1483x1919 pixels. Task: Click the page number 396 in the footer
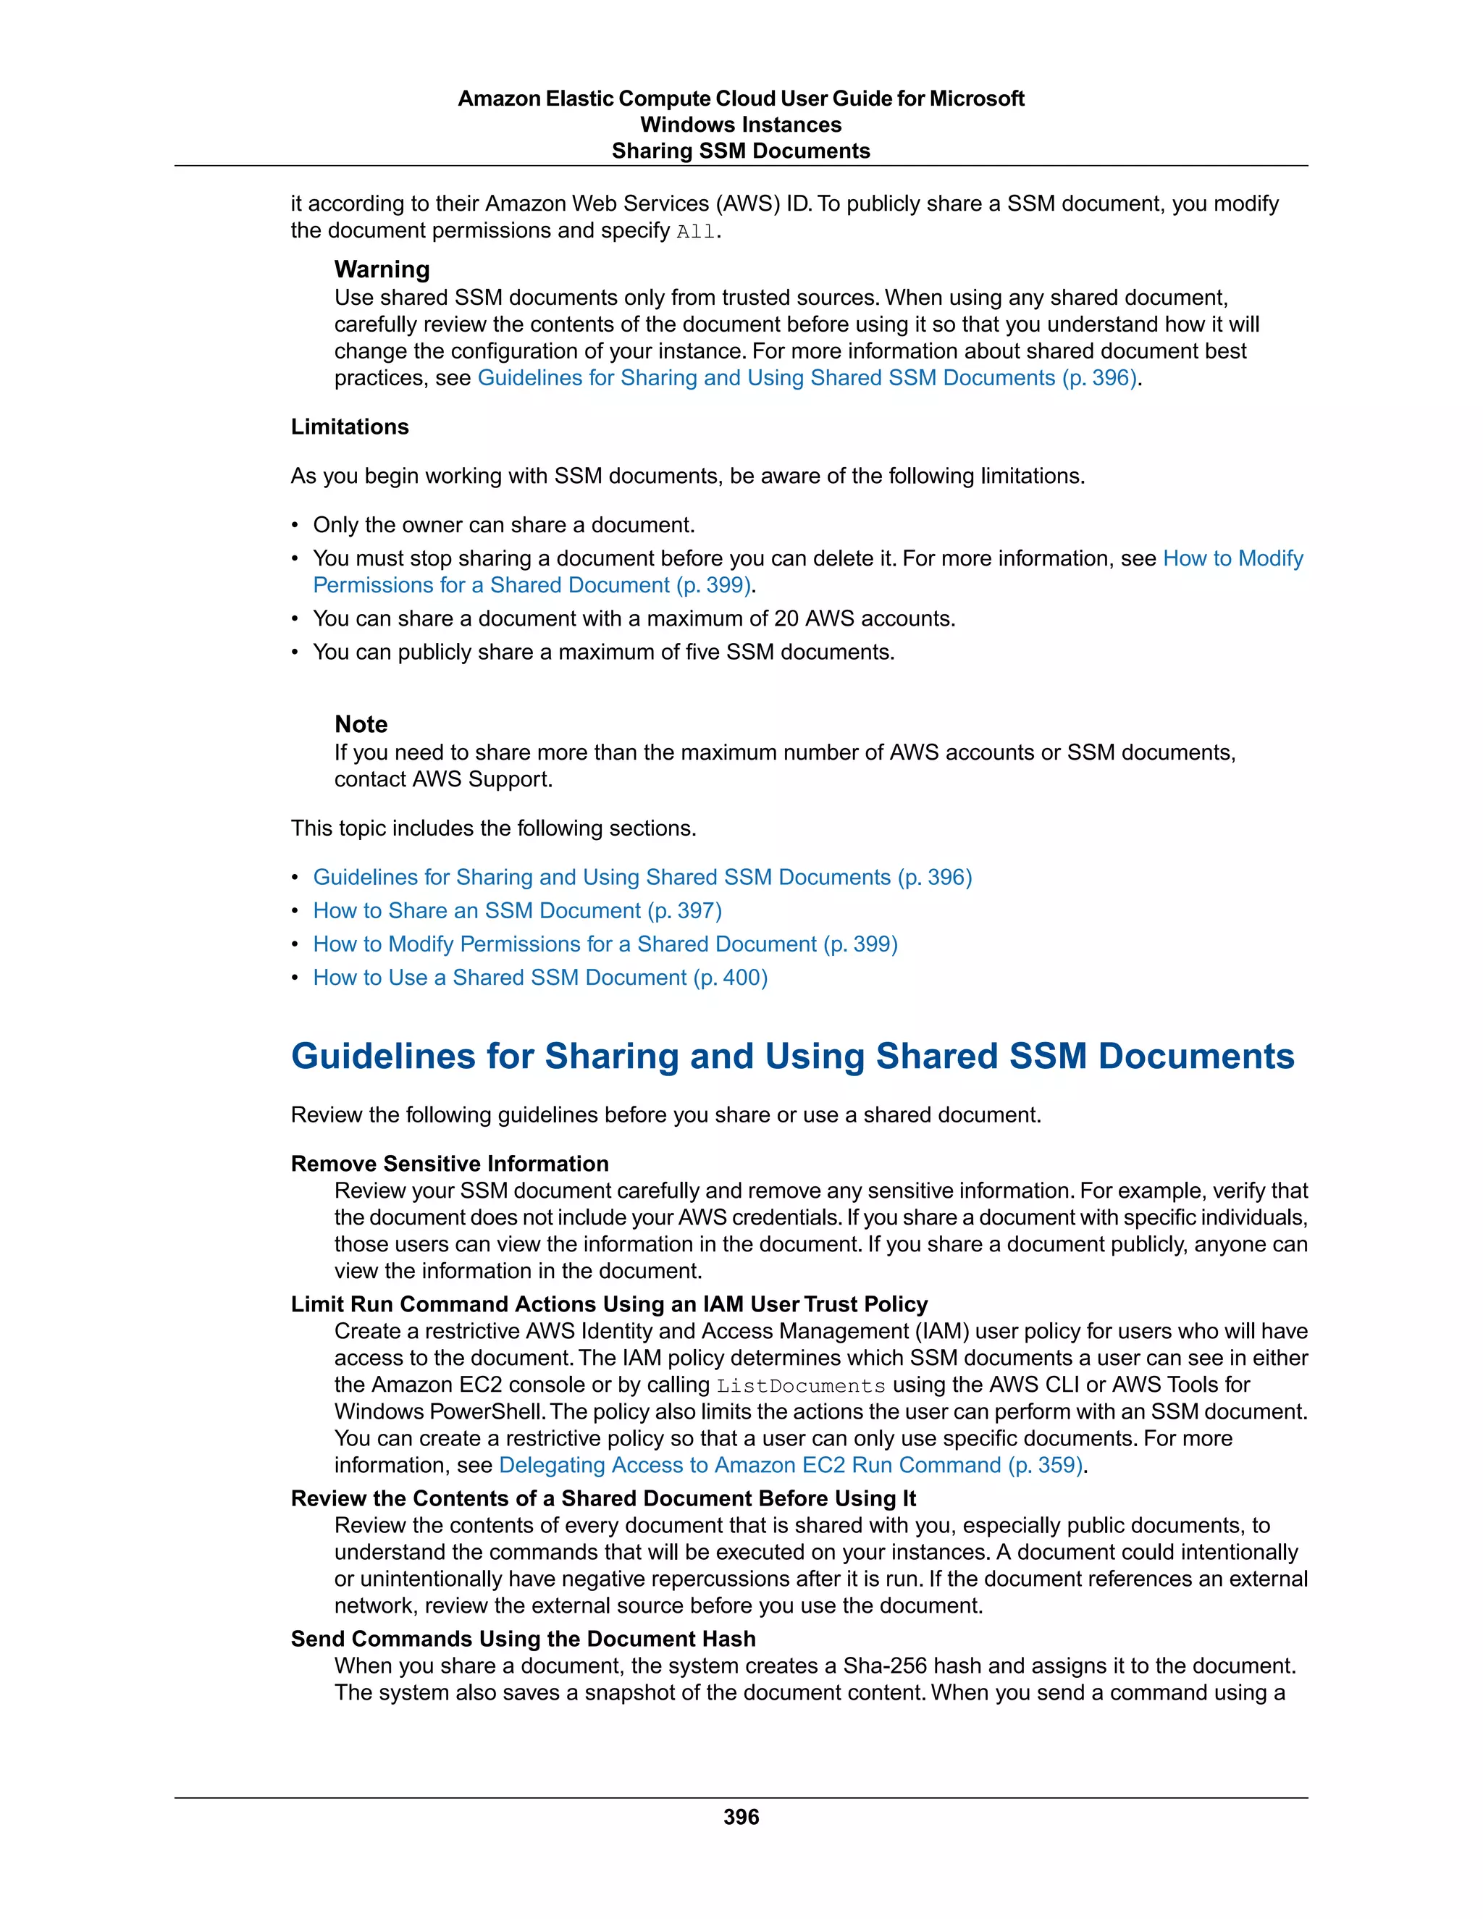(x=741, y=1816)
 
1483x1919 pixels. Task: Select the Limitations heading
(x=350, y=427)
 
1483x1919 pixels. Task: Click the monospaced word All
(x=696, y=232)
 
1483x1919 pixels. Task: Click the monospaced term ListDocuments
(x=800, y=1385)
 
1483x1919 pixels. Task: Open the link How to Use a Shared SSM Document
(x=540, y=977)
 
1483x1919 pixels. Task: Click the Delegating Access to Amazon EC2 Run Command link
(x=791, y=1465)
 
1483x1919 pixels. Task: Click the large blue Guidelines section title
(x=792, y=1056)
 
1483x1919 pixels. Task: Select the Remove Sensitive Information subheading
(x=450, y=1164)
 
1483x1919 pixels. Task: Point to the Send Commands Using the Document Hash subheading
(x=523, y=1639)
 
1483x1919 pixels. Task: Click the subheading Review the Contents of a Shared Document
(x=602, y=1498)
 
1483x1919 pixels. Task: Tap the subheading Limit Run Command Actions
(x=609, y=1304)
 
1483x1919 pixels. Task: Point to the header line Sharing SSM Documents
(x=741, y=151)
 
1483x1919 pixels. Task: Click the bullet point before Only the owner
(x=295, y=526)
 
